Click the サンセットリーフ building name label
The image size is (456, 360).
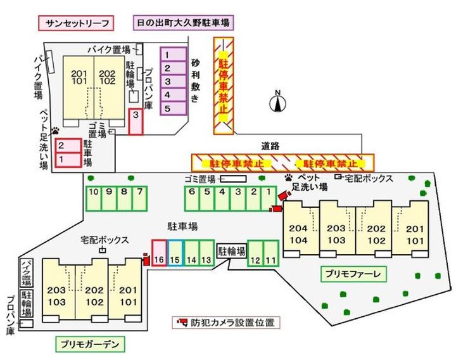click(76, 23)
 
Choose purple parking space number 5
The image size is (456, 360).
click(168, 109)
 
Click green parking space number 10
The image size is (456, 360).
click(93, 198)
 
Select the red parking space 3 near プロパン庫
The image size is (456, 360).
click(136, 120)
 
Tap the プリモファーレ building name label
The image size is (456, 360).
click(354, 274)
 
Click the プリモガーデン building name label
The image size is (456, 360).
click(89, 344)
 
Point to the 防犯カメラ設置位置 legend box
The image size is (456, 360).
click(226, 323)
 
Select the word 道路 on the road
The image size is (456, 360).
click(270, 146)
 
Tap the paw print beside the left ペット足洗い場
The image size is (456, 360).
click(56, 130)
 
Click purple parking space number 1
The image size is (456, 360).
click(168, 56)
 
